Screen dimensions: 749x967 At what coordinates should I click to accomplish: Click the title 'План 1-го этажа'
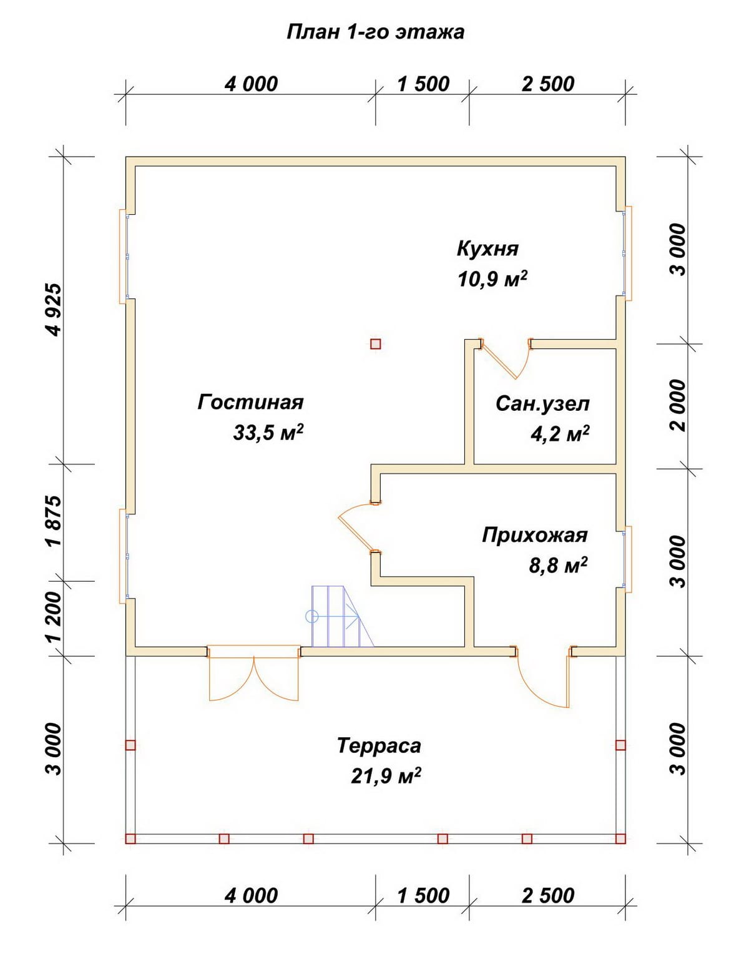(375, 32)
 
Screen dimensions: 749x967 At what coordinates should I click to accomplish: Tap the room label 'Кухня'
(487, 248)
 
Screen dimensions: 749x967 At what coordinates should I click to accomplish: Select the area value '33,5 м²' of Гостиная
(268, 432)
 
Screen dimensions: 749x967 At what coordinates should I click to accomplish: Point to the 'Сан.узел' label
(542, 404)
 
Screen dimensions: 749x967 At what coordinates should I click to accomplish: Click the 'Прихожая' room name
(535, 536)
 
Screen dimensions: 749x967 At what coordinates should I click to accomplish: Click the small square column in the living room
(375, 344)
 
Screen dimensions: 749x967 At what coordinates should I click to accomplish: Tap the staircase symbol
(342, 616)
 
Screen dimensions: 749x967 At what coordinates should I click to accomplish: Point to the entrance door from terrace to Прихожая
(543, 677)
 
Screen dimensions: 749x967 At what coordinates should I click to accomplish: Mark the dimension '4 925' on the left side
(56, 310)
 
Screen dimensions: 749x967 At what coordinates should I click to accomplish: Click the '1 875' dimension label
(56, 521)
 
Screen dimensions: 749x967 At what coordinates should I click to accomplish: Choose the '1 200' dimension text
(56, 617)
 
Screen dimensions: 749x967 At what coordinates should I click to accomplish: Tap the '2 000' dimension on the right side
(678, 405)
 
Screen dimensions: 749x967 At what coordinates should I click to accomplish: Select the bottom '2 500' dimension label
(548, 896)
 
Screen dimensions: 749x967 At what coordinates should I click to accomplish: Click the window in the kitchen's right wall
(626, 253)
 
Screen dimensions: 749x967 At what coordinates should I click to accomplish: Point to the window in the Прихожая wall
(626, 559)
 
